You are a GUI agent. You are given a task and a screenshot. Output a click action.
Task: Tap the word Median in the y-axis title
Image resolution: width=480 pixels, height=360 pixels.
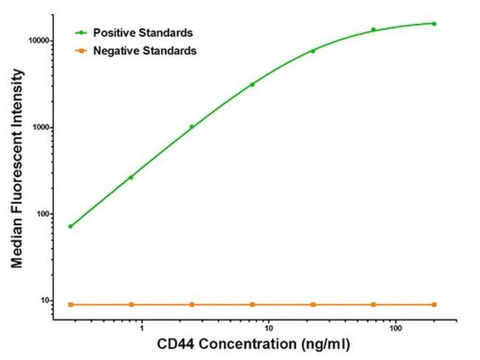[x=16, y=243]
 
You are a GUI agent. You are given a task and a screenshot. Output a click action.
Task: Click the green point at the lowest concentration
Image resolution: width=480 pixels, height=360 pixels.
[x=70, y=226]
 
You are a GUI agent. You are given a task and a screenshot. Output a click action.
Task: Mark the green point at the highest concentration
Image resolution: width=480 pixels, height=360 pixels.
[x=434, y=24]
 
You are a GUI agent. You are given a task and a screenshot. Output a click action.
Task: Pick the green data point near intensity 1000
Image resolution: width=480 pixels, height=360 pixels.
[x=192, y=127]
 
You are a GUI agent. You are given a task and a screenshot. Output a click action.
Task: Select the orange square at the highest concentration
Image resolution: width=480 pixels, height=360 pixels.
[x=434, y=305]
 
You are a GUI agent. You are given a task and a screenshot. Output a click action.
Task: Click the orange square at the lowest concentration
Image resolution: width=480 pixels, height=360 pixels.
[x=70, y=305]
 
